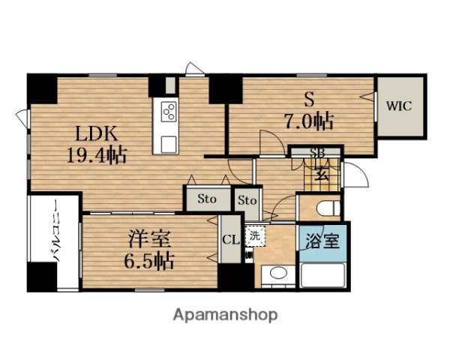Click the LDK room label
pyautogui.click(x=94, y=134)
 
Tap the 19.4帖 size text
pyautogui.click(x=94, y=156)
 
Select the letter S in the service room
pyautogui.click(x=308, y=99)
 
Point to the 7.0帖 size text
pyautogui.click(x=309, y=120)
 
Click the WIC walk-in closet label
pyautogui.click(x=398, y=106)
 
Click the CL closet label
pyautogui.click(x=230, y=241)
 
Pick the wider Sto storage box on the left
pyautogui.click(x=208, y=199)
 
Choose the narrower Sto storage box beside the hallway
pyautogui.click(x=247, y=200)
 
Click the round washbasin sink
pyautogui.click(x=280, y=274)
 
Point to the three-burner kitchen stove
pyautogui.click(x=169, y=113)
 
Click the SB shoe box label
pyautogui.click(x=318, y=153)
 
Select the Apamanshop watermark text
pyautogui.click(x=225, y=314)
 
